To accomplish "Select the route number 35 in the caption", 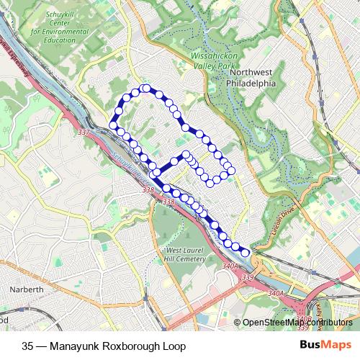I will (x=28, y=346).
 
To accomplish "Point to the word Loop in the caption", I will (x=173, y=346).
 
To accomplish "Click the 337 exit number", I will (x=84, y=132).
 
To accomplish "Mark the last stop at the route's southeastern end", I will (x=246, y=252).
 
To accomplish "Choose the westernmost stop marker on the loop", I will (x=112, y=126).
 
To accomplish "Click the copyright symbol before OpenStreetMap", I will (x=237, y=322).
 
